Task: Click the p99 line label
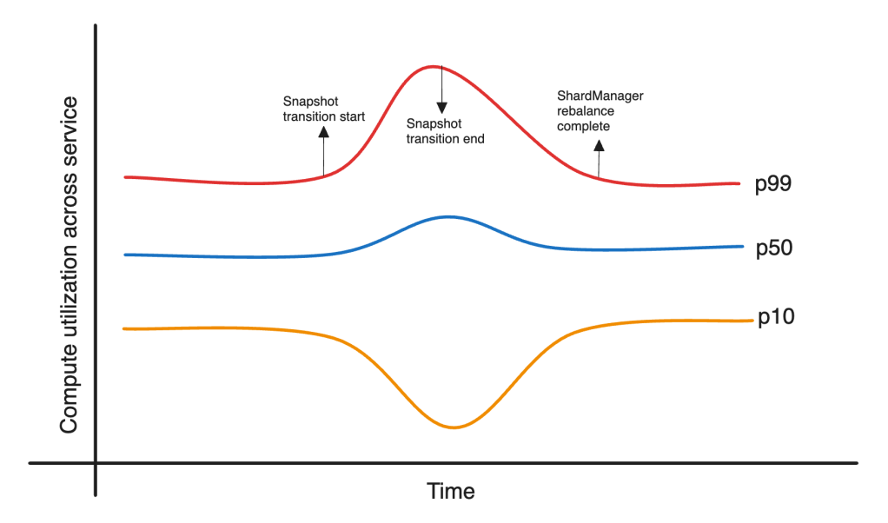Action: (x=772, y=184)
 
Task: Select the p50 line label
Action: (x=773, y=248)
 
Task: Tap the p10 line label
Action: (x=775, y=319)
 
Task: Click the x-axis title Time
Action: (x=451, y=491)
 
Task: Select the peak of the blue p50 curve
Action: (x=447, y=216)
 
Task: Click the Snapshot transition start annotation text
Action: (x=324, y=109)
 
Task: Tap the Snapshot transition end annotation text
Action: (x=445, y=131)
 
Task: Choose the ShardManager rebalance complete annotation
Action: (x=600, y=111)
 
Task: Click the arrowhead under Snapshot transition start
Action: (x=323, y=133)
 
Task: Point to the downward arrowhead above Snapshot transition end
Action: (x=441, y=108)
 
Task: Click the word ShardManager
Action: (x=600, y=96)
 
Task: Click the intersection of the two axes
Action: (x=96, y=462)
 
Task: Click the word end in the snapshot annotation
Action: (x=473, y=138)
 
